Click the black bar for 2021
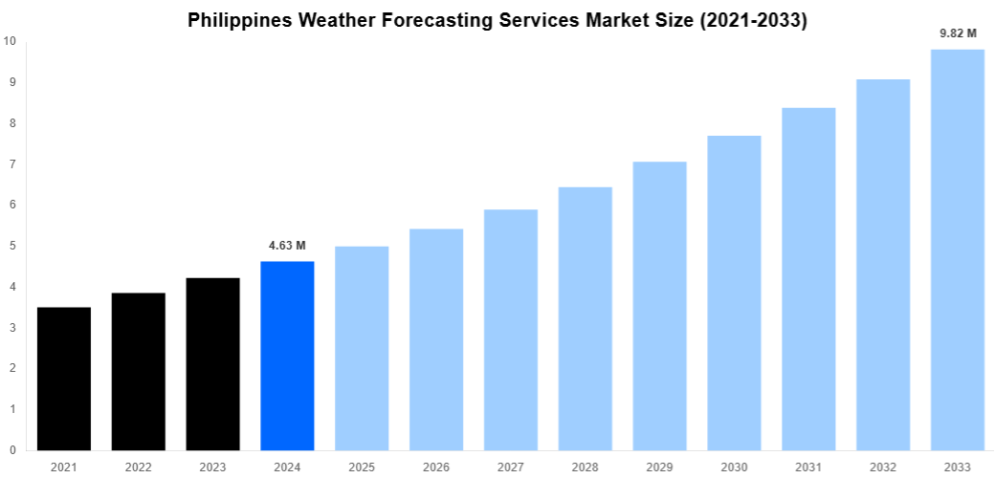click(64, 379)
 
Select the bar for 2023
click(212, 364)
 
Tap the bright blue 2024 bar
click(287, 356)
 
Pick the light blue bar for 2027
click(511, 330)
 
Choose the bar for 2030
click(734, 293)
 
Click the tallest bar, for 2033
click(958, 250)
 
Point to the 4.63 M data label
click(287, 246)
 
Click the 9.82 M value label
click(958, 33)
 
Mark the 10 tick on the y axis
click(10, 41)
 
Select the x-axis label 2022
click(139, 467)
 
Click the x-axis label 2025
click(362, 467)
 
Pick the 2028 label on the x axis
click(586, 467)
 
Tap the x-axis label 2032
click(883, 467)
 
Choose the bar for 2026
click(436, 339)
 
